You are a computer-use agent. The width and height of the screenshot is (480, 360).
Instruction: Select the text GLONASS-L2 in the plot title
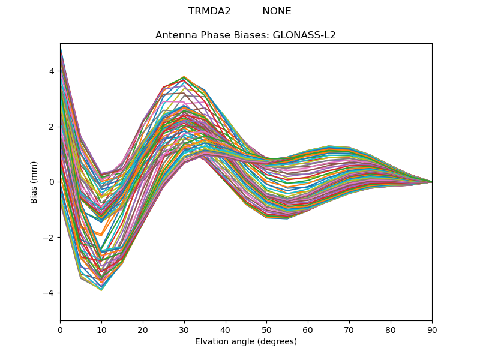tap(304, 35)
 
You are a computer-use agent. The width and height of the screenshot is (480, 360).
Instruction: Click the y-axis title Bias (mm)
tap(34, 182)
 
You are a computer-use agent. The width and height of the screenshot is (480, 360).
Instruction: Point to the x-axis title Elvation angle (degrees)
tap(246, 341)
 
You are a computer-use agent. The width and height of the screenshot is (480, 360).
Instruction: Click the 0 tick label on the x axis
tap(60, 329)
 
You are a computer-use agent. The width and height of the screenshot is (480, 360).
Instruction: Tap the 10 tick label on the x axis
tap(101, 329)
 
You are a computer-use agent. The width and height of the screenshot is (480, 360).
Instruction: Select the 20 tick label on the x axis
tap(143, 329)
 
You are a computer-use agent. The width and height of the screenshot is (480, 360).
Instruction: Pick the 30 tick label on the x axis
tap(184, 329)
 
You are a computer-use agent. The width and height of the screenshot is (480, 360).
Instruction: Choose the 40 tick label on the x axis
tap(226, 329)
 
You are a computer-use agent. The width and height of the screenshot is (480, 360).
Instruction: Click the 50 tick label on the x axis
tap(266, 329)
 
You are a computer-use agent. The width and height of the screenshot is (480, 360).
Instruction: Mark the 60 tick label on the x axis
tap(308, 329)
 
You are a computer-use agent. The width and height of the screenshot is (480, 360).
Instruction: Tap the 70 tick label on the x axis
tap(349, 329)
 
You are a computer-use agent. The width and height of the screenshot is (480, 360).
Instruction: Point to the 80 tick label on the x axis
tap(391, 329)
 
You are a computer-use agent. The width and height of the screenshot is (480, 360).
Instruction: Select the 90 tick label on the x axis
tap(432, 329)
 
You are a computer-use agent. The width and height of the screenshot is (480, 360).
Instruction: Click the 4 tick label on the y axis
tap(52, 71)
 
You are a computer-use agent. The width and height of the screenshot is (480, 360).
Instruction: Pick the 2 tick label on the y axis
tap(52, 127)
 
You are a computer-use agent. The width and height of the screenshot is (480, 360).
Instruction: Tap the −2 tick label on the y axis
tap(49, 238)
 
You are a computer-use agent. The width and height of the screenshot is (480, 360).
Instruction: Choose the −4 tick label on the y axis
tap(49, 293)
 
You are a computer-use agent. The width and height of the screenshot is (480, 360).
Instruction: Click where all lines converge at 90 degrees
tap(431, 182)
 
